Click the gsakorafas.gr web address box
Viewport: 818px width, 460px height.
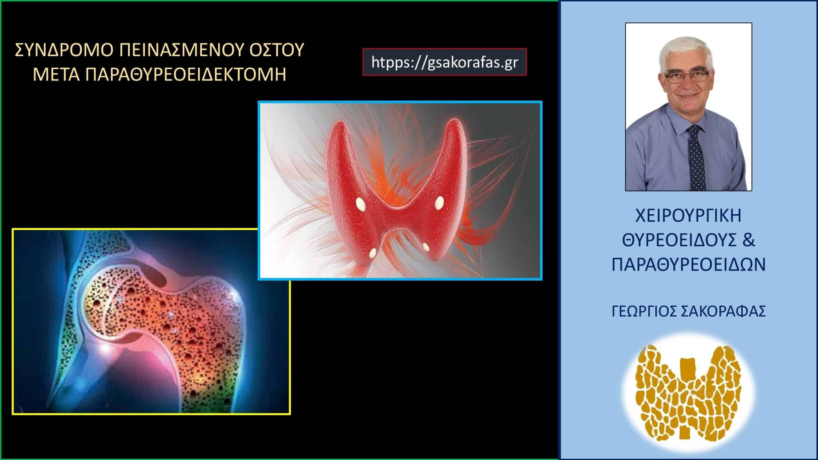444,62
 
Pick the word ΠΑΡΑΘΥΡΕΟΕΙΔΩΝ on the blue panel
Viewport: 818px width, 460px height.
689,265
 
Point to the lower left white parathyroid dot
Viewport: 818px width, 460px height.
373,253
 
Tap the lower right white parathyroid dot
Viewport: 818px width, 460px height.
426,246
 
